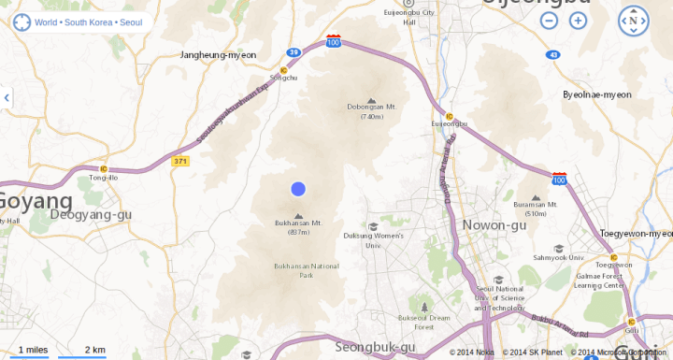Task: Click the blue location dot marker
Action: pos(298,189)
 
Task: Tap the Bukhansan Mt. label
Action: pos(298,223)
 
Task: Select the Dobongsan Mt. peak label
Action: pos(371,107)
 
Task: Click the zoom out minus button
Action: pos(550,20)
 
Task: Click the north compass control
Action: pos(633,20)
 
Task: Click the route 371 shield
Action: pos(181,162)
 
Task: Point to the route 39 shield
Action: pos(294,52)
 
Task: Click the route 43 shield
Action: pos(554,55)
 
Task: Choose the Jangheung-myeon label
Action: pos(218,55)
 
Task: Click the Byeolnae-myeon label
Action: pos(597,94)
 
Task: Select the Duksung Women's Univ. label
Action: pos(373,240)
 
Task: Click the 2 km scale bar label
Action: pos(94,350)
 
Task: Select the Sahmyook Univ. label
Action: pos(558,257)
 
